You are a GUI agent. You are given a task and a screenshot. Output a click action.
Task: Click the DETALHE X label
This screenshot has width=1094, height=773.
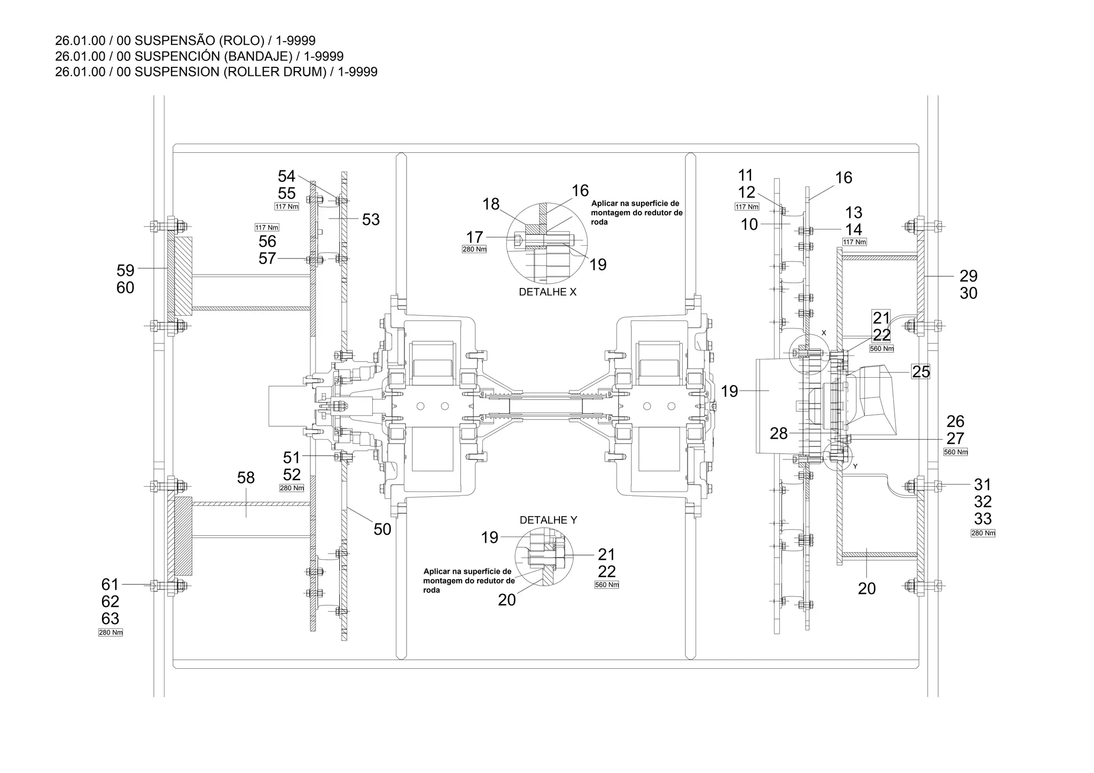(x=548, y=292)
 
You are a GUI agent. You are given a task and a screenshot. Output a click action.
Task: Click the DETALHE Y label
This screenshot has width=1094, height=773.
(x=548, y=520)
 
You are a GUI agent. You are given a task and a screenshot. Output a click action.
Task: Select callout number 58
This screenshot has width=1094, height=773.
(x=246, y=478)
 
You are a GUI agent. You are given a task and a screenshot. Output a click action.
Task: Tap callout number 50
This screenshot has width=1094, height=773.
(x=382, y=529)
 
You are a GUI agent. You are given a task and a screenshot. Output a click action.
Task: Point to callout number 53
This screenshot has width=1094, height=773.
(x=371, y=220)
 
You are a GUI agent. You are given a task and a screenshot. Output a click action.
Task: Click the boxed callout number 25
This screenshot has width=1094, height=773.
(x=921, y=371)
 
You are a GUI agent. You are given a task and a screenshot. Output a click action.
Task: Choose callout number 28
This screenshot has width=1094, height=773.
(x=779, y=433)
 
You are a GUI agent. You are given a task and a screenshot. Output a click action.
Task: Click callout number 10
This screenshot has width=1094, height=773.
(x=749, y=224)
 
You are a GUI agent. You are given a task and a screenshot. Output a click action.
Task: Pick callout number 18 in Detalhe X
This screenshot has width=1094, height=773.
(x=491, y=204)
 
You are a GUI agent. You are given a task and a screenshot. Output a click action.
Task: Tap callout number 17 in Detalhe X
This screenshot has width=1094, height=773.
(x=474, y=237)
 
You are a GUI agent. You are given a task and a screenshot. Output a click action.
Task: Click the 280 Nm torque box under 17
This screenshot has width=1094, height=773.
(x=474, y=249)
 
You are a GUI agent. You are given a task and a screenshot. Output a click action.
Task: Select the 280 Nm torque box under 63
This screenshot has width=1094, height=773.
(x=111, y=633)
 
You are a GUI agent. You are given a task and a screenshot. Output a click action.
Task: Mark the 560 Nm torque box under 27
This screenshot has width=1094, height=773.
(x=956, y=452)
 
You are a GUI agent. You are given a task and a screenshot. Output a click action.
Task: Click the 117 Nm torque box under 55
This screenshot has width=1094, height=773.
(x=287, y=207)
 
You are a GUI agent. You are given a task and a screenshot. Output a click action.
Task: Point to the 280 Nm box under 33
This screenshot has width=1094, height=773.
(x=983, y=533)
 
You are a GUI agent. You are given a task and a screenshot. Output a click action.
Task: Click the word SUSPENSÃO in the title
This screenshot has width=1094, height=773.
(x=176, y=41)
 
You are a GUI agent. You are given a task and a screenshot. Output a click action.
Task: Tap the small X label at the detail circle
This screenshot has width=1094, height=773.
(x=824, y=333)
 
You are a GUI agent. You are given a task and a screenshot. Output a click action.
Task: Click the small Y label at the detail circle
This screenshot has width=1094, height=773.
(x=855, y=466)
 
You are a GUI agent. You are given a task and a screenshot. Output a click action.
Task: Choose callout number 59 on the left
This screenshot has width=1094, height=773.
(x=126, y=270)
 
